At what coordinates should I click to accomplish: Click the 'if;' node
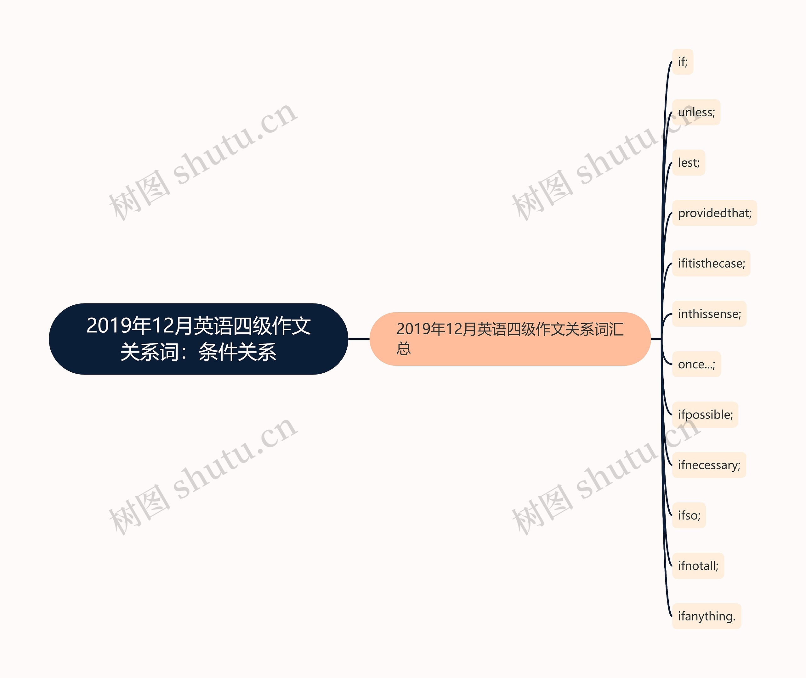click(x=683, y=62)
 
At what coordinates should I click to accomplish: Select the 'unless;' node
click(x=696, y=112)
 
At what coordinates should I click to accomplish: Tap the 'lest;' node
click(x=689, y=163)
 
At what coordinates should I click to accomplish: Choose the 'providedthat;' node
click(x=714, y=213)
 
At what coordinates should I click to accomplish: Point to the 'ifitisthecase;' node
click(x=711, y=263)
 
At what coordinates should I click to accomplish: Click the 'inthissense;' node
click(x=709, y=314)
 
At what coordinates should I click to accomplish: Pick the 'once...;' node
click(x=696, y=364)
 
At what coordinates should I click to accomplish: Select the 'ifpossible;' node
click(x=705, y=414)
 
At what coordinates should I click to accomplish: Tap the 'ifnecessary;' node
click(x=709, y=465)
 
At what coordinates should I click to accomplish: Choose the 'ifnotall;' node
click(x=698, y=566)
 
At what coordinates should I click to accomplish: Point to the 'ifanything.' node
click(x=707, y=616)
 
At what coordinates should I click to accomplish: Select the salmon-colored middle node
click(x=510, y=339)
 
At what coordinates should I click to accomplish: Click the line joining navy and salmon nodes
click(x=359, y=339)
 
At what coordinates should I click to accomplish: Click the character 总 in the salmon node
click(x=404, y=349)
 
